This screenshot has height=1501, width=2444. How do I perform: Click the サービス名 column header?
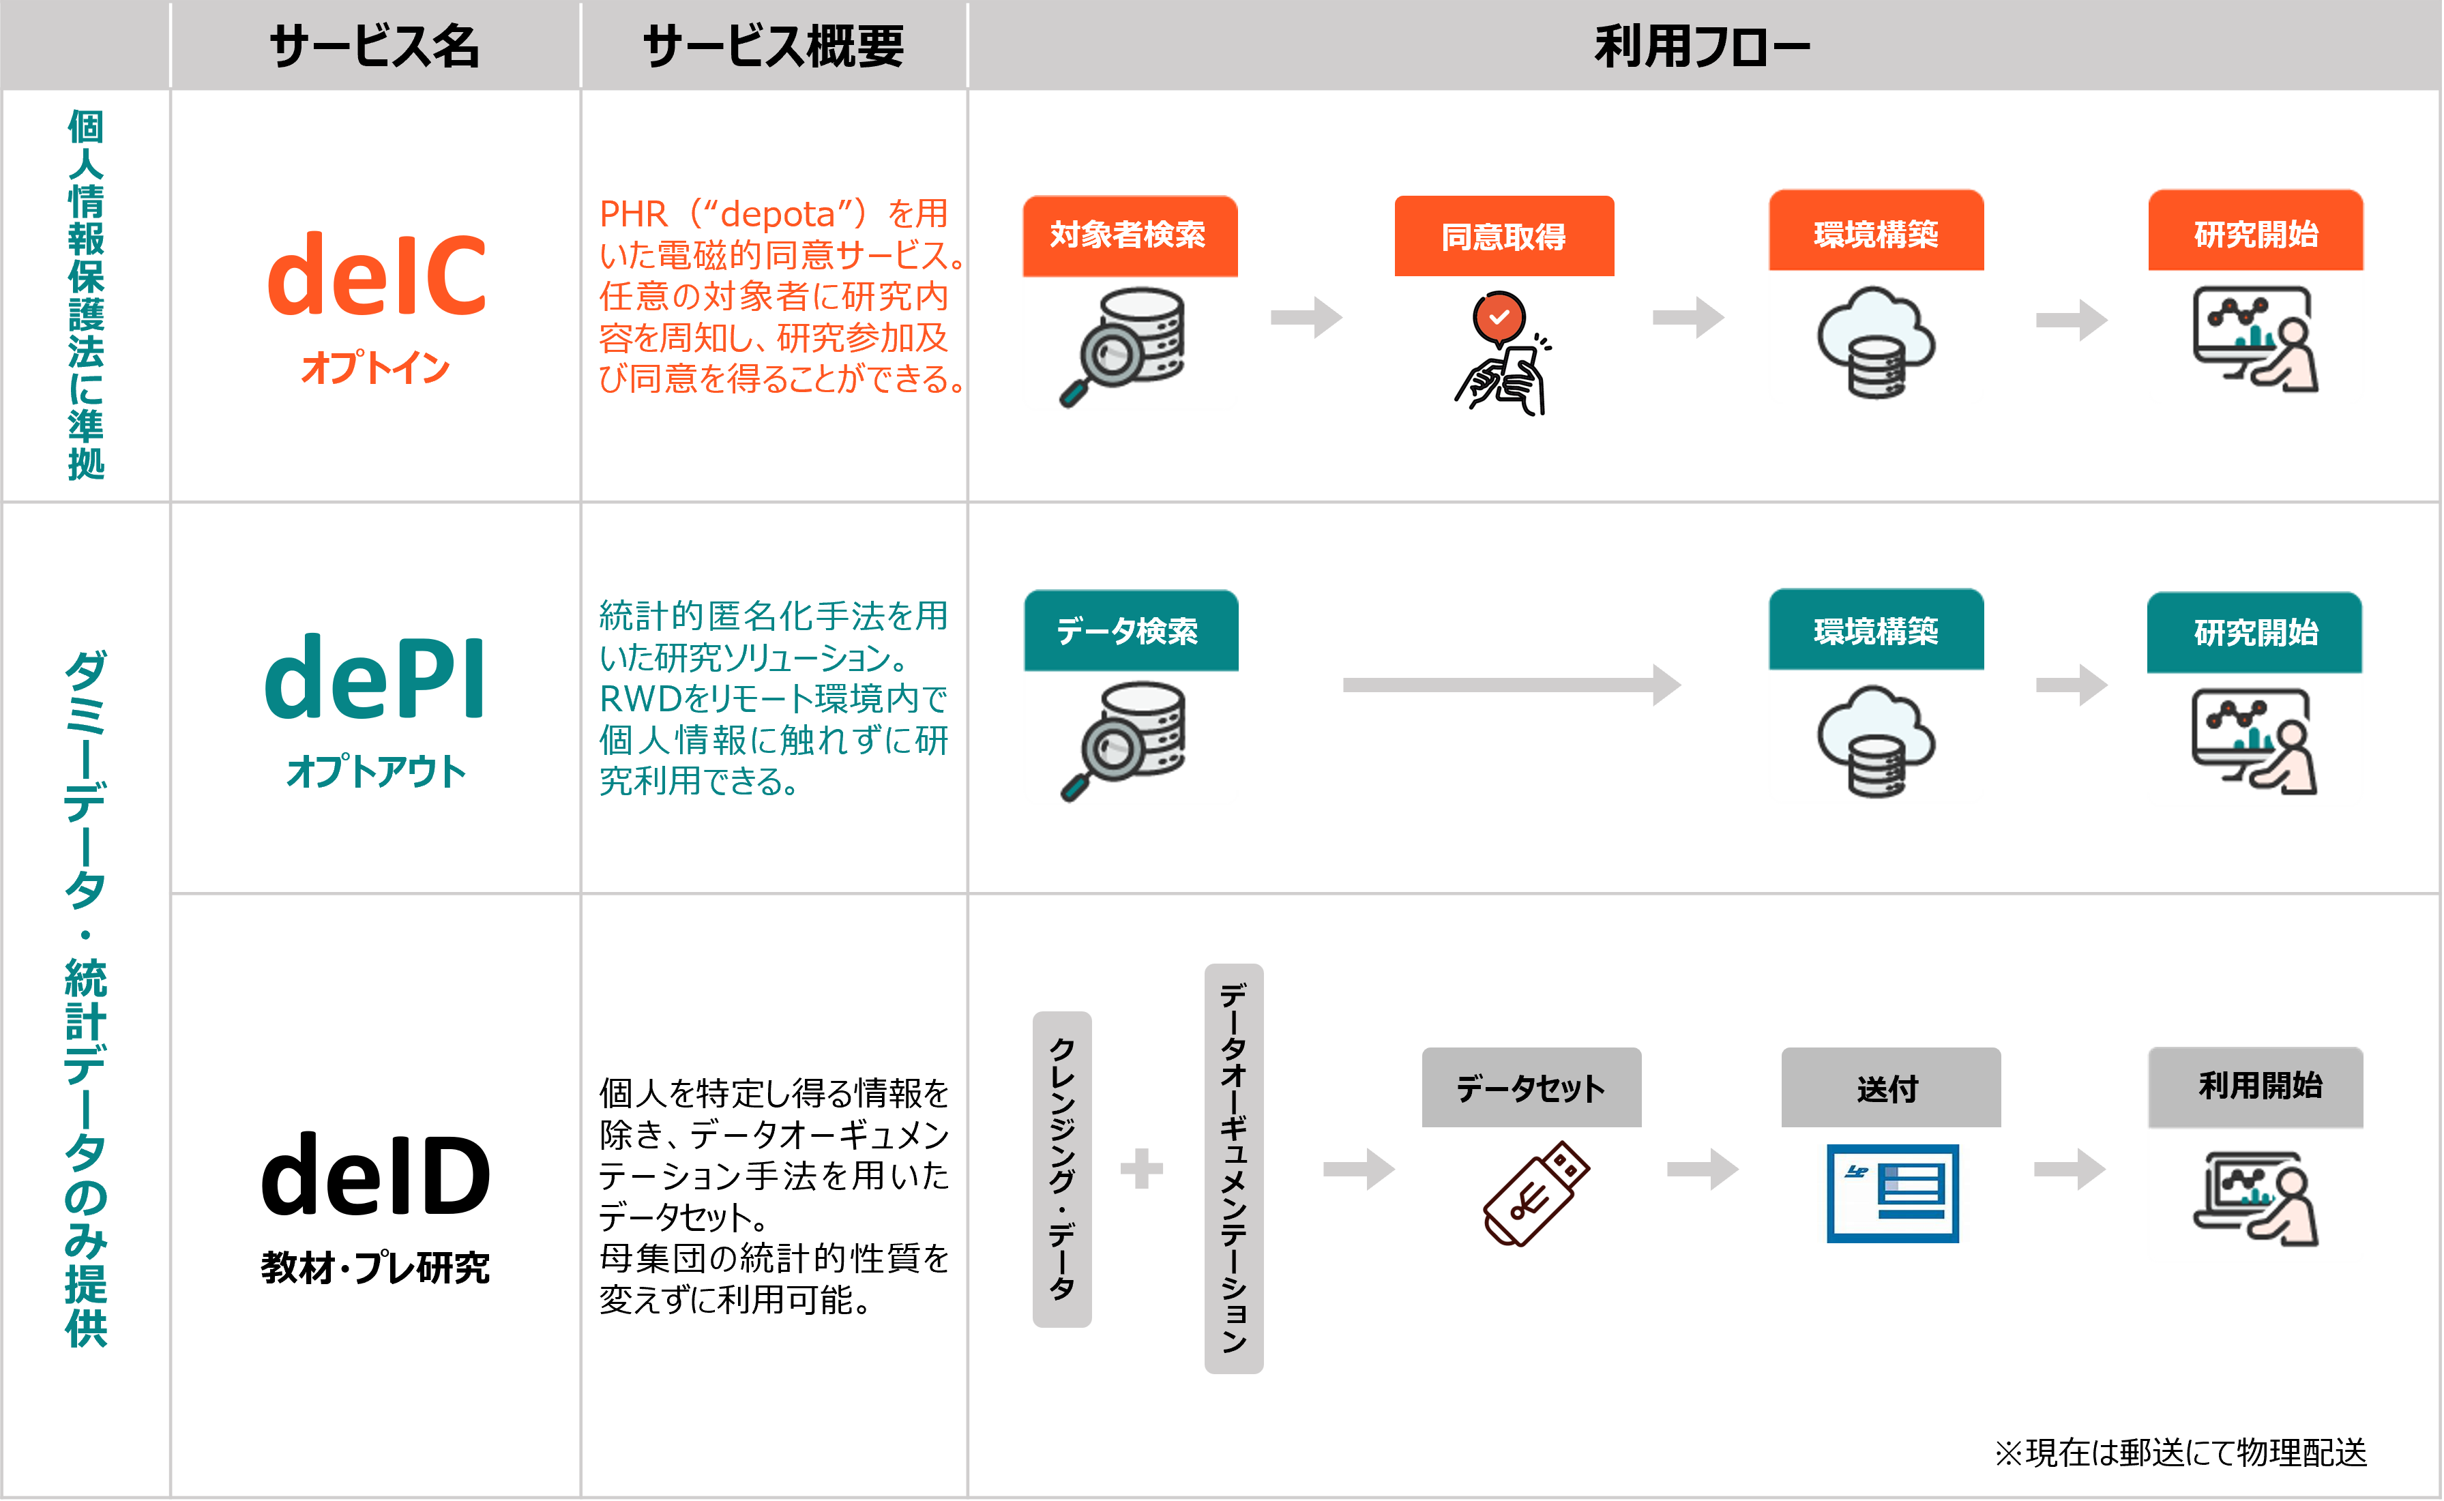point(374,46)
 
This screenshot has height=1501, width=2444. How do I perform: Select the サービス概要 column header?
point(774,46)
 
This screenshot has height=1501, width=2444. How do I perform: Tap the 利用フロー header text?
point(1701,46)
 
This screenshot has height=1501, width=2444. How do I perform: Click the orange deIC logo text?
point(377,274)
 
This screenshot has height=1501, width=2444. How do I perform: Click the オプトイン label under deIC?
point(375,368)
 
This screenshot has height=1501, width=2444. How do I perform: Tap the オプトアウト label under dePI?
point(375,771)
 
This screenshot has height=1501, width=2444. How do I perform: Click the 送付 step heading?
point(1888,1089)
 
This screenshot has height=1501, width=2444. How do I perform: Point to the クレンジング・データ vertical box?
point(1062,1168)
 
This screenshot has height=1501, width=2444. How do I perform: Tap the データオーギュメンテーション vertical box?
point(1233,1168)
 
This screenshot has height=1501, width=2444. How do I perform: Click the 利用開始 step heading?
point(2259,1086)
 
